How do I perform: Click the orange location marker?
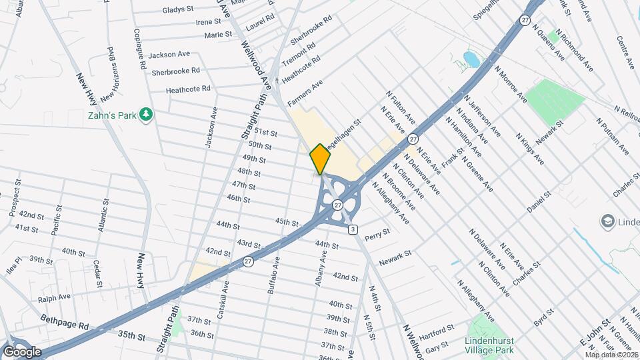(320, 159)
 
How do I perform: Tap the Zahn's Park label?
(112, 115)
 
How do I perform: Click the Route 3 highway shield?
(353, 229)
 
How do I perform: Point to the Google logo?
(22, 351)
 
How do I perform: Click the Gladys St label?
(177, 11)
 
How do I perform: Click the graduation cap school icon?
(607, 221)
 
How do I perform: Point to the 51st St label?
(265, 133)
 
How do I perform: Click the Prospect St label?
(12, 204)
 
